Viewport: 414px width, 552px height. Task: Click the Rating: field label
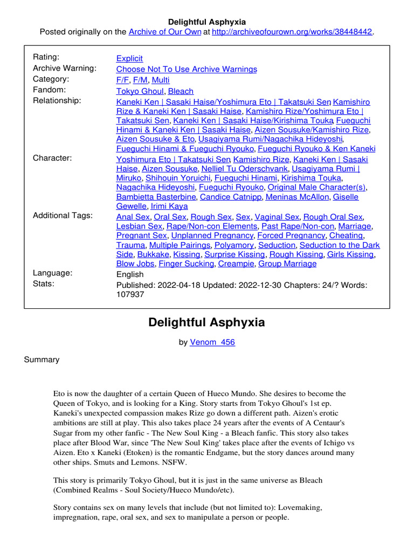click(x=46, y=57)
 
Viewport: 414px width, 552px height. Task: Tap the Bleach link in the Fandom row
click(x=181, y=91)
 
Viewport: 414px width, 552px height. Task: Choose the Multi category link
click(x=161, y=80)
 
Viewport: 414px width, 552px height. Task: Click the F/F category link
click(x=122, y=80)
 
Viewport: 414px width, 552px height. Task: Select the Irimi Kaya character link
click(x=169, y=206)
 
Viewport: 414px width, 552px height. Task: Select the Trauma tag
click(x=130, y=245)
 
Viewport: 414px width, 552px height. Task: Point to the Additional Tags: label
click(x=63, y=216)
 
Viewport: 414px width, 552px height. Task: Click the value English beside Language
click(x=130, y=274)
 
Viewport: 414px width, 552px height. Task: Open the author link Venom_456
click(x=212, y=342)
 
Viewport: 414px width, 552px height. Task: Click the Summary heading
click(x=42, y=360)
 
